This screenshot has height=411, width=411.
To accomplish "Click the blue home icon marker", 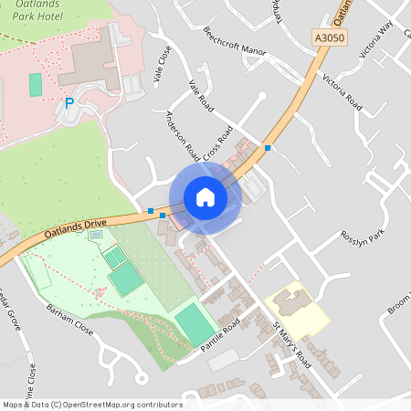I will [205, 197].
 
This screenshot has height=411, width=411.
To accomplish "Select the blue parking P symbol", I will [68, 104].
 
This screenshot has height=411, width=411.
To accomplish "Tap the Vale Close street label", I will [163, 65].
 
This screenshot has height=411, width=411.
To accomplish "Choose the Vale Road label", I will [201, 98].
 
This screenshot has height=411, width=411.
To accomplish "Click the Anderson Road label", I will [183, 133].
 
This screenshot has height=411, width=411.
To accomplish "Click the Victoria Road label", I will [342, 92].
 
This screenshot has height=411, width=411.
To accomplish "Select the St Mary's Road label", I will [291, 343].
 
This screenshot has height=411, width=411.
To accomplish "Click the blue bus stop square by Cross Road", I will [268, 148].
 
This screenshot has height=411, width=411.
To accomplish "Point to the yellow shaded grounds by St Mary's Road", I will [297, 311].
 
